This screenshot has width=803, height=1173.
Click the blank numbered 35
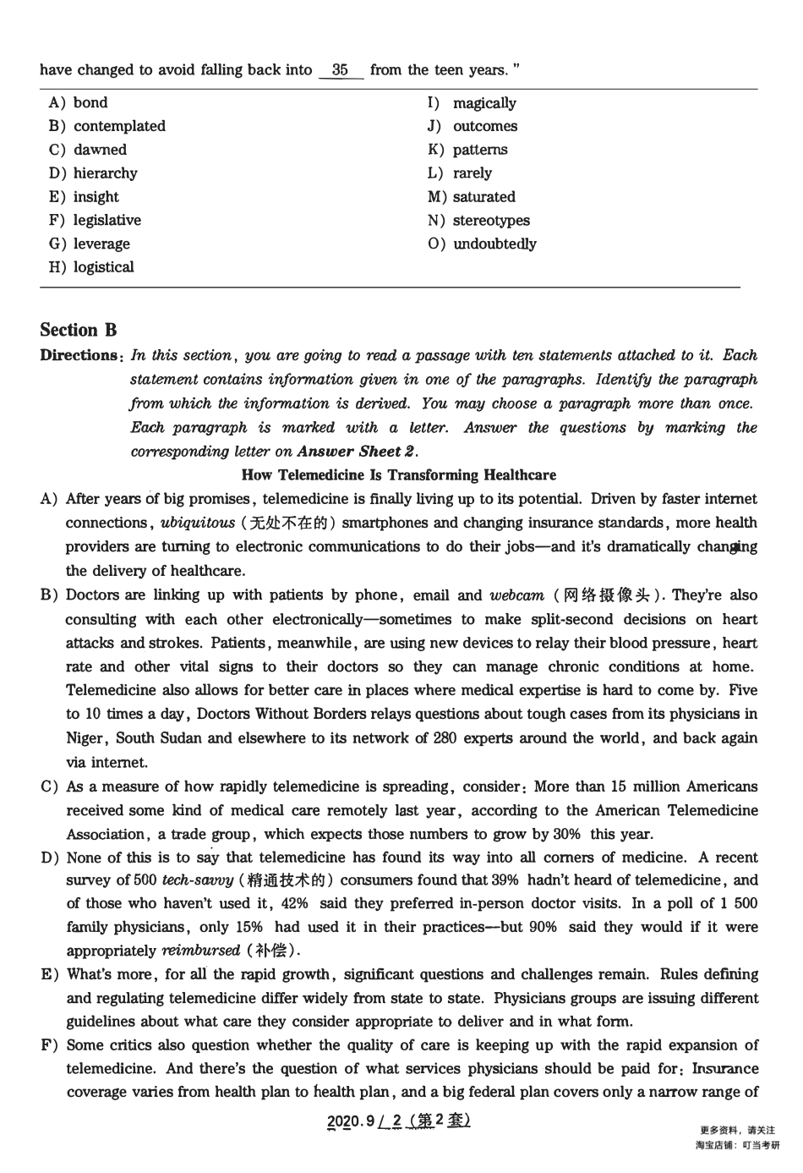[x=341, y=70]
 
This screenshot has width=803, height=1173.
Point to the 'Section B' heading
[x=79, y=331]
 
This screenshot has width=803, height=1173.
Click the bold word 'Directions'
[x=79, y=356]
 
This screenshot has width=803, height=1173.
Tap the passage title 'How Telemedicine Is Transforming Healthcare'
[x=399, y=475]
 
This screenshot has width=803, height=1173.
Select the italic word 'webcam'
[x=516, y=595]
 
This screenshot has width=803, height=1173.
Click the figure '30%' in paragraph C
[x=566, y=834]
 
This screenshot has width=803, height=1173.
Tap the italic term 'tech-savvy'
[x=198, y=880]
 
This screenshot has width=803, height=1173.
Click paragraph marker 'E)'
[x=49, y=975]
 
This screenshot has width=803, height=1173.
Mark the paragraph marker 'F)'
[x=49, y=1045]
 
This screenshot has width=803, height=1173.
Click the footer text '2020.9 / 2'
[x=364, y=1121]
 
